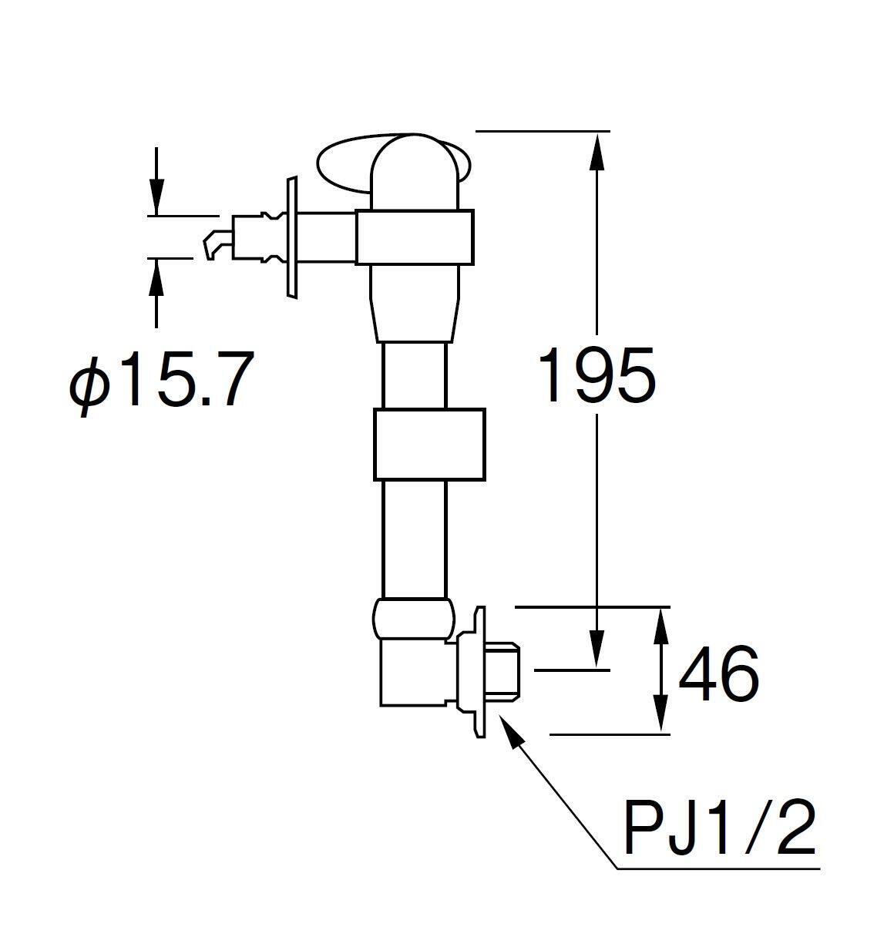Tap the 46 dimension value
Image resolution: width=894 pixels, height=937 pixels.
(x=718, y=673)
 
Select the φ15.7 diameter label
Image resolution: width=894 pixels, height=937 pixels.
(x=161, y=383)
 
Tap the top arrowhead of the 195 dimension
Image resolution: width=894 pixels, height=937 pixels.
(x=597, y=152)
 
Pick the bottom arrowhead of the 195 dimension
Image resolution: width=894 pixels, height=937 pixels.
(x=597, y=649)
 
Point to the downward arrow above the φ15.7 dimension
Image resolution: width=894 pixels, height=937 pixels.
(x=156, y=181)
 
